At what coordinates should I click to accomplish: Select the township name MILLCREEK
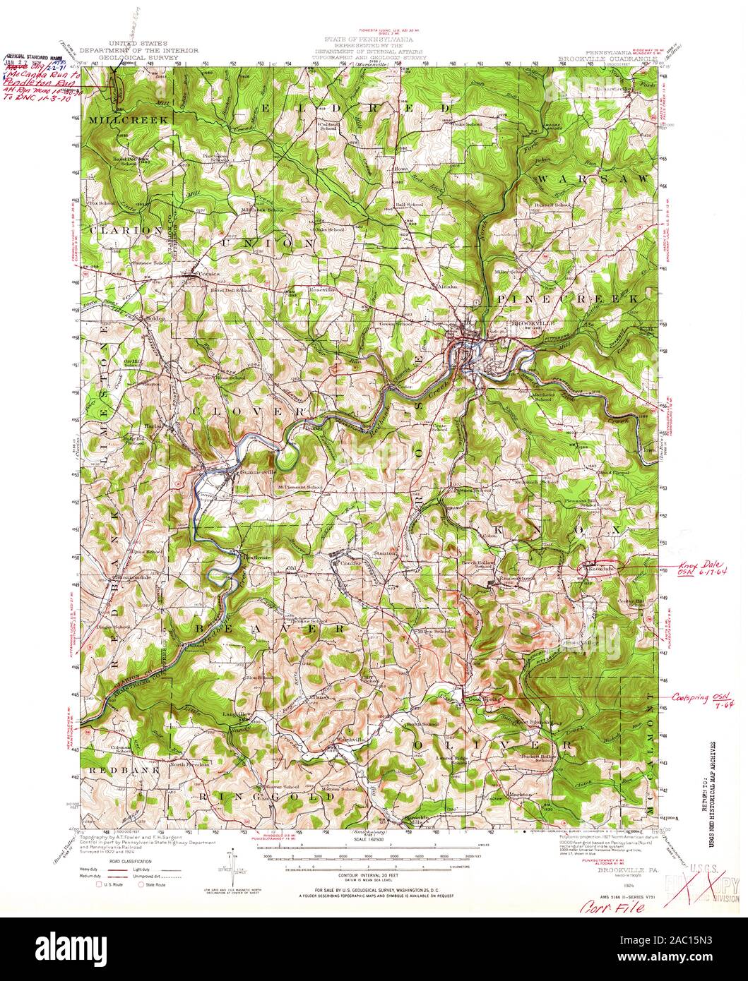pyautogui.click(x=129, y=121)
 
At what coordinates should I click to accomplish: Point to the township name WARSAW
pyautogui.click(x=590, y=181)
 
